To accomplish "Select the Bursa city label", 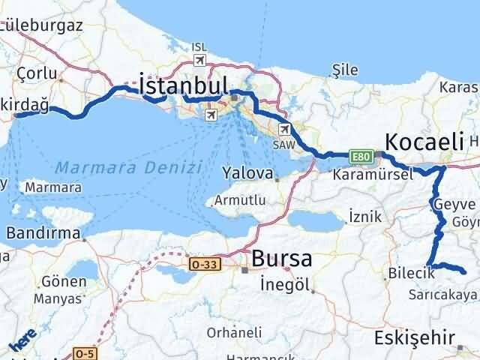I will pos(282,259).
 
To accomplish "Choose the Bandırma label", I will pos(43,233).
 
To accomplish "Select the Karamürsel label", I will pos(373,174).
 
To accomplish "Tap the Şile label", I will pos(345,70).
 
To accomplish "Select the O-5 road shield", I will pos(84,352).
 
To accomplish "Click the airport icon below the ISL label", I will pos(199,60).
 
